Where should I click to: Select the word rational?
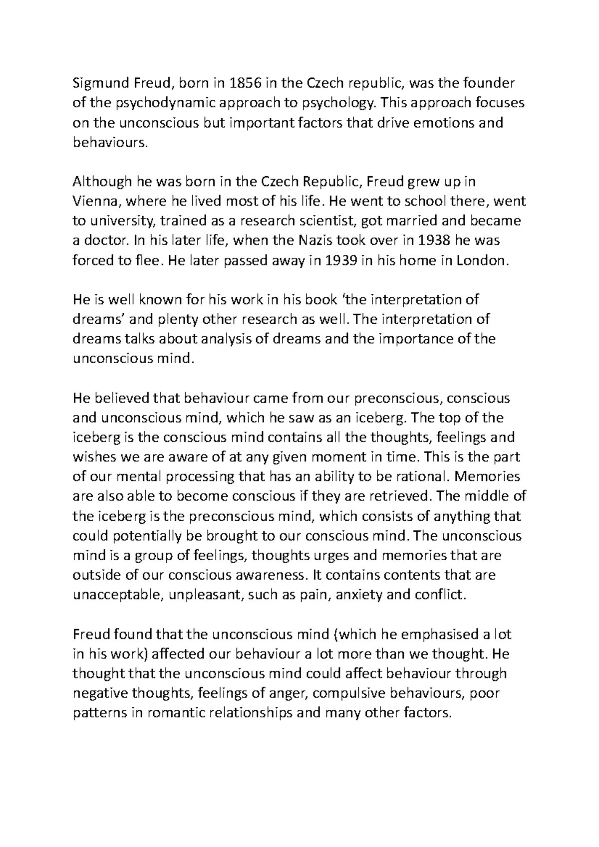(x=421, y=477)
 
